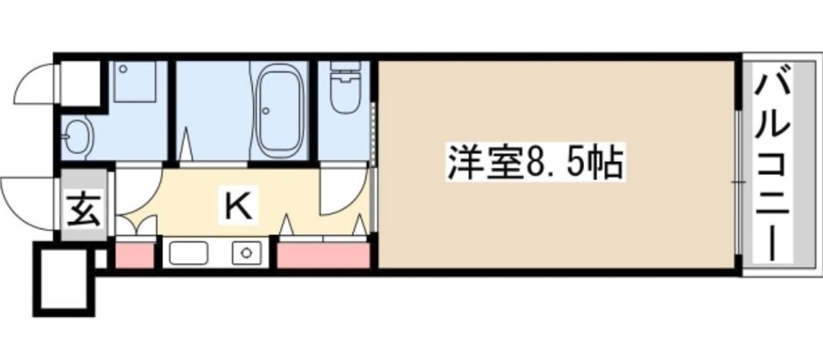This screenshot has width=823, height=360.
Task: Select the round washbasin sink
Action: pos(79,135)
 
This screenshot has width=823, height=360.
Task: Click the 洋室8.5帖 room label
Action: pos(533,162)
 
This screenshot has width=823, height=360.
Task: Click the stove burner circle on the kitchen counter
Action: pos(247,253)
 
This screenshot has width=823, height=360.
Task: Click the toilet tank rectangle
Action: pos(345,68)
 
